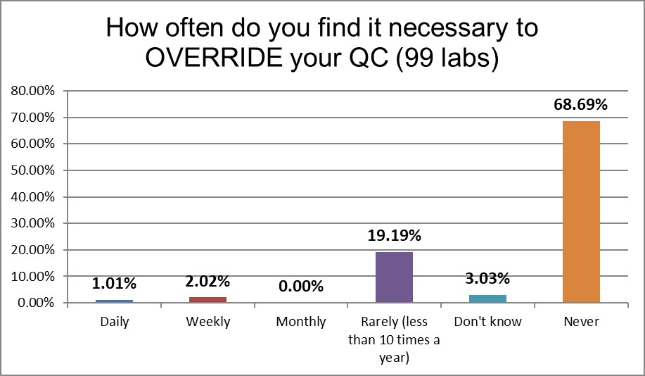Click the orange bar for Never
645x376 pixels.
[x=581, y=211]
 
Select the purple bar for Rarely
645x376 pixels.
[x=394, y=277]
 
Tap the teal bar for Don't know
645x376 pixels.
[x=487, y=299]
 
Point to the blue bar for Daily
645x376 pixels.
[x=114, y=301]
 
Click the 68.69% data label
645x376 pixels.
[x=581, y=105]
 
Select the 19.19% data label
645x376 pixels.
[x=394, y=237]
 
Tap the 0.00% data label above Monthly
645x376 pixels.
[x=300, y=287]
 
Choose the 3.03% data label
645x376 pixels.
[x=487, y=280]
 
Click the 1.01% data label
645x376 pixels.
[x=114, y=284]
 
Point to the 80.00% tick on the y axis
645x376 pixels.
[x=32, y=91]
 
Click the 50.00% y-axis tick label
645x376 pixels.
[x=32, y=170]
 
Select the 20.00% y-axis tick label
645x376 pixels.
[x=32, y=250]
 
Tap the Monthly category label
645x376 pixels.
[x=300, y=322]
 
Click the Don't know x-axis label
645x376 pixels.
[x=487, y=322]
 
